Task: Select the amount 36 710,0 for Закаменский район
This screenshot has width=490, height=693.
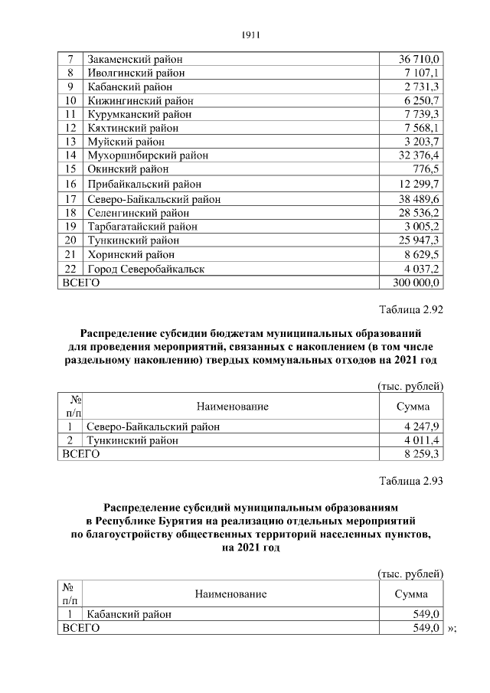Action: pyautogui.click(x=418, y=60)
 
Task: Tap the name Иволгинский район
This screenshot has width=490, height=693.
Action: pyautogui.click(x=136, y=74)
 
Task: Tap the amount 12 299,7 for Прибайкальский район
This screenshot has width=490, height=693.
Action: pyautogui.click(x=418, y=185)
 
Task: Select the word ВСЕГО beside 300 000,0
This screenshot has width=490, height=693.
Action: pyautogui.click(x=80, y=283)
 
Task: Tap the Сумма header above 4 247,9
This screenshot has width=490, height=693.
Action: pyautogui.click(x=412, y=407)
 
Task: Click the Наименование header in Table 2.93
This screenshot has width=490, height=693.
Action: pyautogui.click(x=230, y=593)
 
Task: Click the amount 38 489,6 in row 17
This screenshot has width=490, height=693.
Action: pyautogui.click(x=418, y=199)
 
